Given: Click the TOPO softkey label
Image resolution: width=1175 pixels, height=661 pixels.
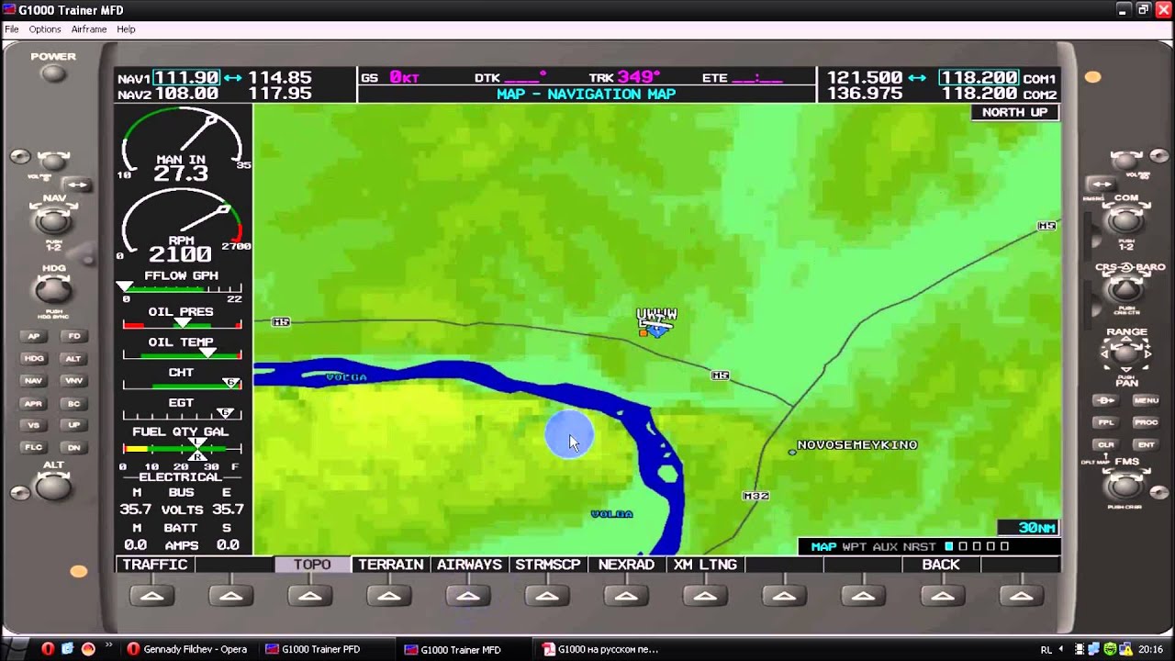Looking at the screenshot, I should pyautogui.click(x=312, y=565).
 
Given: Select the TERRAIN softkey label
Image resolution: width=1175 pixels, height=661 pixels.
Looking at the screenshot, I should pyautogui.click(x=391, y=565).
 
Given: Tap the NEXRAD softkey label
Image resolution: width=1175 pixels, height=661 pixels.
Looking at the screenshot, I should pyautogui.click(x=626, y=565).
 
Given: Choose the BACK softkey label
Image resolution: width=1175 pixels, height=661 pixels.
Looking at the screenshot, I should pyautogui.click(x=941, y=565).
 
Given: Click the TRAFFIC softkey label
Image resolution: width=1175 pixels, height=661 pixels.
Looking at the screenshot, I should pyautogui.click(x=155, y=565).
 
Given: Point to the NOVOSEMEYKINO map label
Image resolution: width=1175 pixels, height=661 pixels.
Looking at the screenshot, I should pyautogui.click(x=856, y=445).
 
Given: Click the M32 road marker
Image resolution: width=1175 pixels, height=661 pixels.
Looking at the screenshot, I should pyautogui.click(x=755, y=496).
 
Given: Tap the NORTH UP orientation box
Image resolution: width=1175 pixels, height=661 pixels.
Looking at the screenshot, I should pyautogui.click(x=1014, y=112).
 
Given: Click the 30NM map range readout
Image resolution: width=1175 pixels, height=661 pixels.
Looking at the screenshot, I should pyautogui.click(x=1036, y=528).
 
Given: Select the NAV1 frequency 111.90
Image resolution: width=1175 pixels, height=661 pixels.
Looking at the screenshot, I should pyautogui.click(x=186, y=78).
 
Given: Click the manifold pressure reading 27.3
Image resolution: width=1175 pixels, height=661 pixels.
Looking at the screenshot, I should pyautogui.click(x=181, y=174).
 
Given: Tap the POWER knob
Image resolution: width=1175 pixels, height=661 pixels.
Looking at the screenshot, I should pyautogui.click(x=53, y=73).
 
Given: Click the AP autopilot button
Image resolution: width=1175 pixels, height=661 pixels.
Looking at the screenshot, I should pyautogui.click(x=34, y=336).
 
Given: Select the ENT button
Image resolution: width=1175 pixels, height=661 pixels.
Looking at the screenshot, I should pyautogui.click(x=1146, y=444).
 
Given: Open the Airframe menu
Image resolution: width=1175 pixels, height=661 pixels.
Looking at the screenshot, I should pyautogui.click(x=89, y=29).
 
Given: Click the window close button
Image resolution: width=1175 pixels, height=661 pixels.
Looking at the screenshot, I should pyautogui.click(x=1162, y=9).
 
